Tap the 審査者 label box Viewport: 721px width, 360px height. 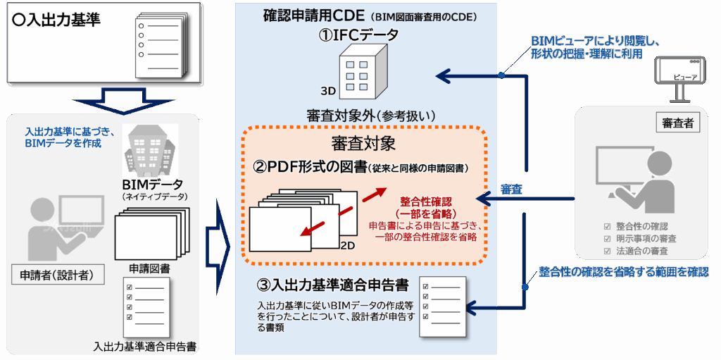click(678, 124)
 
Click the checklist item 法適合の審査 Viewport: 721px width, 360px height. click(641, 251)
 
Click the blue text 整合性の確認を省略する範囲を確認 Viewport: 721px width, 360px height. click(624, 271)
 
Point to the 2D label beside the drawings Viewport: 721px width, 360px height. click(348, 245)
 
